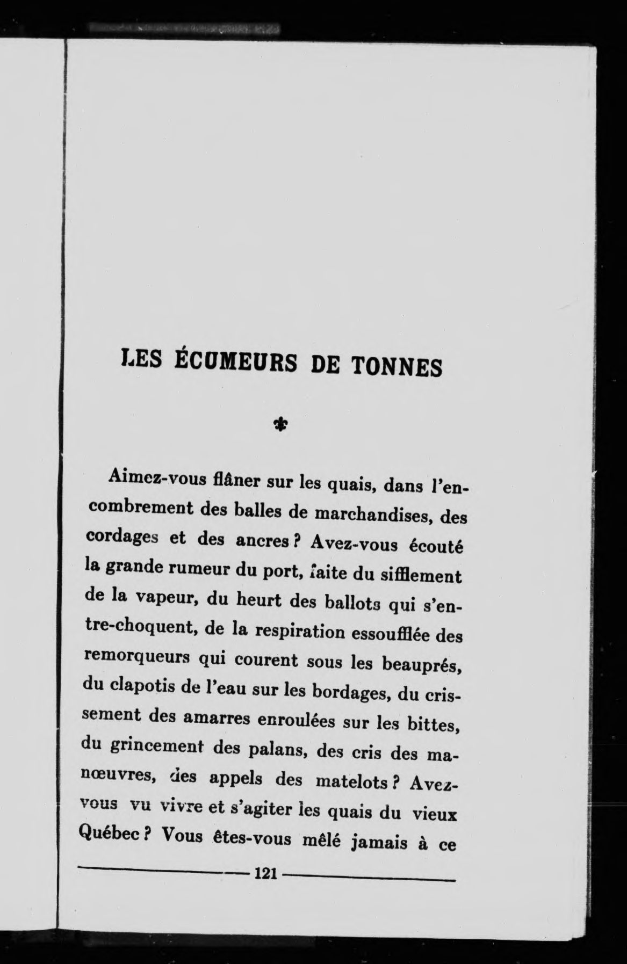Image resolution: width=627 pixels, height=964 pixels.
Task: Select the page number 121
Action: pyautogui.click(x=266, y=873)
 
